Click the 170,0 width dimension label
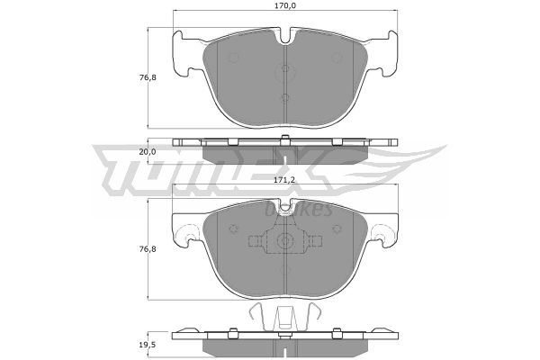(x=285, y=5)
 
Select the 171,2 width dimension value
(x=285, y=179)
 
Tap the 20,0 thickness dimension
(x=148, y=151)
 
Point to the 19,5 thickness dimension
(x=148, y=345)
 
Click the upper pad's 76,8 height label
(x=148, y=77)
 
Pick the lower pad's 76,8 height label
(x=148, y=248)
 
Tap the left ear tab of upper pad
(x=184, y=53)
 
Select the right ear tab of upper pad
(x=387, y=53)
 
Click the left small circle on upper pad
(x=234, y=58)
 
